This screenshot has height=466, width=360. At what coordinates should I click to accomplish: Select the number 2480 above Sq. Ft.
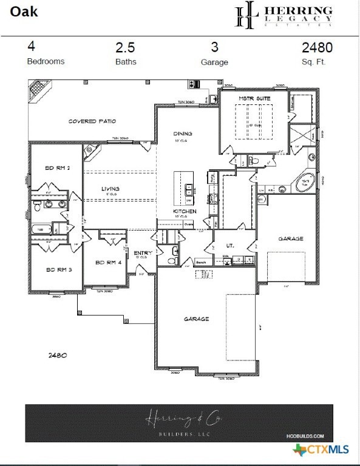point(317,47)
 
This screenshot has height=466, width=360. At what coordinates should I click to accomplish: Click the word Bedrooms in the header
point(46,61)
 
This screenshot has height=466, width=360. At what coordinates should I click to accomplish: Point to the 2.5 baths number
point(126,47)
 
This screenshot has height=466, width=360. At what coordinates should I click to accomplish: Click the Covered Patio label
point(92,121)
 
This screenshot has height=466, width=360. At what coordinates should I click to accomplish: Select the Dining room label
point(182,133)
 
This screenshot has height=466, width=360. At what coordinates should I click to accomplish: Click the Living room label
point(110,189)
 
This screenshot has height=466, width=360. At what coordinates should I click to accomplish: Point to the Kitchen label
point(185,211)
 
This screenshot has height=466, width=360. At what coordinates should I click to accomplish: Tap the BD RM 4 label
point(109,262)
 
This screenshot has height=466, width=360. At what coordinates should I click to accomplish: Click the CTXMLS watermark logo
point(321,450)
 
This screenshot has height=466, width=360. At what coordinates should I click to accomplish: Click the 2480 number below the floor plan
point(57,356)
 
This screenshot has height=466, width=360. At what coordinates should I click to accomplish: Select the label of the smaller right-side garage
point(291,238)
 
